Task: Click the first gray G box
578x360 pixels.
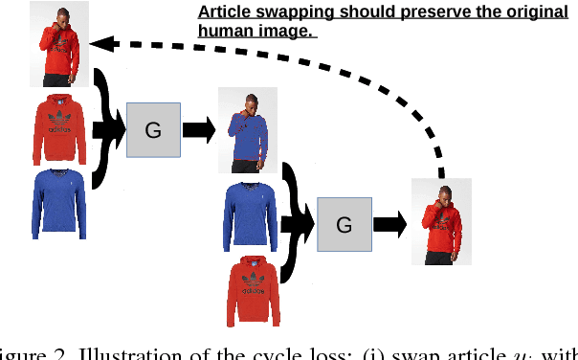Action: [x=153, y=130]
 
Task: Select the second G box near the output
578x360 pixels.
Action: [x=345, y=225]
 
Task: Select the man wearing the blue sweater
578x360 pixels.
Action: [x=249, y=132]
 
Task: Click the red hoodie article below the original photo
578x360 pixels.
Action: [x=63, y=129]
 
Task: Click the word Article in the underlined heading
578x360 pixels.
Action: [x=222, y=13]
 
